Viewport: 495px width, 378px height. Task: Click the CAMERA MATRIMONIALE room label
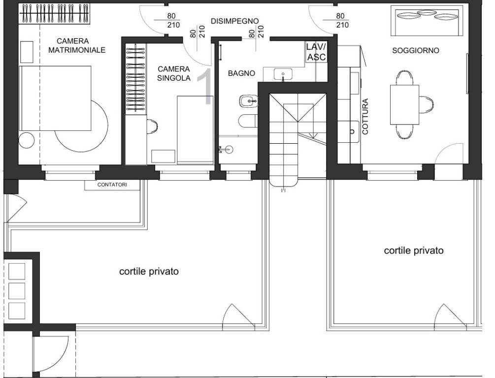click(77, 45)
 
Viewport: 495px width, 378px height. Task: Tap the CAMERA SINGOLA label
click(174, 73)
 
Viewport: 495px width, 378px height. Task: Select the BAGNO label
click(241, 73)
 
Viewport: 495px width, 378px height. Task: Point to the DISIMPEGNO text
click(234, 21)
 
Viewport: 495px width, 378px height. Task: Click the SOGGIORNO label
click(415, 51)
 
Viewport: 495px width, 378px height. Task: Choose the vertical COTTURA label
click(365, 117)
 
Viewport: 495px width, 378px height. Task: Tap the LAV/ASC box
click(316, 52)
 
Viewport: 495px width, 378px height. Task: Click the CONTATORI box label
click(112, 185)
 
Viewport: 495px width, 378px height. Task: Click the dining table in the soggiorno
click(405, 105)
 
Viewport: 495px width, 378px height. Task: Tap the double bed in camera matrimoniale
click(55, 98)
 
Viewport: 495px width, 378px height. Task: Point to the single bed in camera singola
click(195, 129)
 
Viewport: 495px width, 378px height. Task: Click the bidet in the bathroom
click(248, 101)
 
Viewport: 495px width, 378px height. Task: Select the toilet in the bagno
click(248, 121)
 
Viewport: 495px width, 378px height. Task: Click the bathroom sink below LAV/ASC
click(283, 74)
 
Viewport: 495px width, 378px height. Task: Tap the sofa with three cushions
click(425, 21)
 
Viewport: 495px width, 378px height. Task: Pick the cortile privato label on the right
click(414, 251)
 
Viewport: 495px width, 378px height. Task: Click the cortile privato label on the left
click(149, 271)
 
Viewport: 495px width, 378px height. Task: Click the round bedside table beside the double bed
click(27, 141)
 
